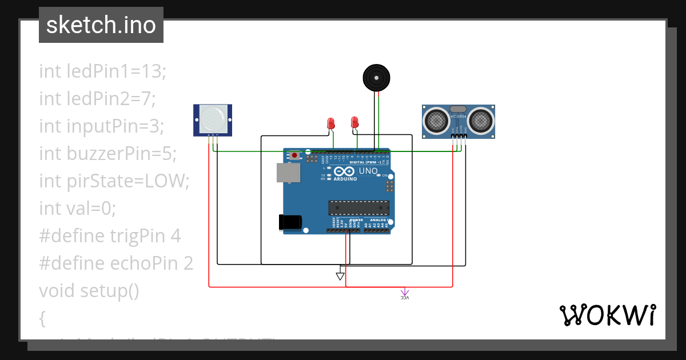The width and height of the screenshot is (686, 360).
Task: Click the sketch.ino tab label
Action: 101,25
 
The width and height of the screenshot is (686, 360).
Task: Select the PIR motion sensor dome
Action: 213,118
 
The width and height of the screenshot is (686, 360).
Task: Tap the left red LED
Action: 330,123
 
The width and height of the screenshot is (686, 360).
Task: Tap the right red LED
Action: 354,122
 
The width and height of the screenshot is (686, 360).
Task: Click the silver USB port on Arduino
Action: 288,173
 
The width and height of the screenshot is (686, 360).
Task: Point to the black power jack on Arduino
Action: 290,223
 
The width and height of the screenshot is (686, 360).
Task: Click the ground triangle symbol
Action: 340,277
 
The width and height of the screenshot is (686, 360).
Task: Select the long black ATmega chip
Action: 358,209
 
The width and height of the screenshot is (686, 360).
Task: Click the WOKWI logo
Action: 607,315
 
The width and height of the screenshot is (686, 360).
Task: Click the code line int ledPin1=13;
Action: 102,71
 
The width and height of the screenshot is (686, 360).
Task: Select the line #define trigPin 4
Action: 110,236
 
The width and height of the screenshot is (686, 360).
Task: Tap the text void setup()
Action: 89,291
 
